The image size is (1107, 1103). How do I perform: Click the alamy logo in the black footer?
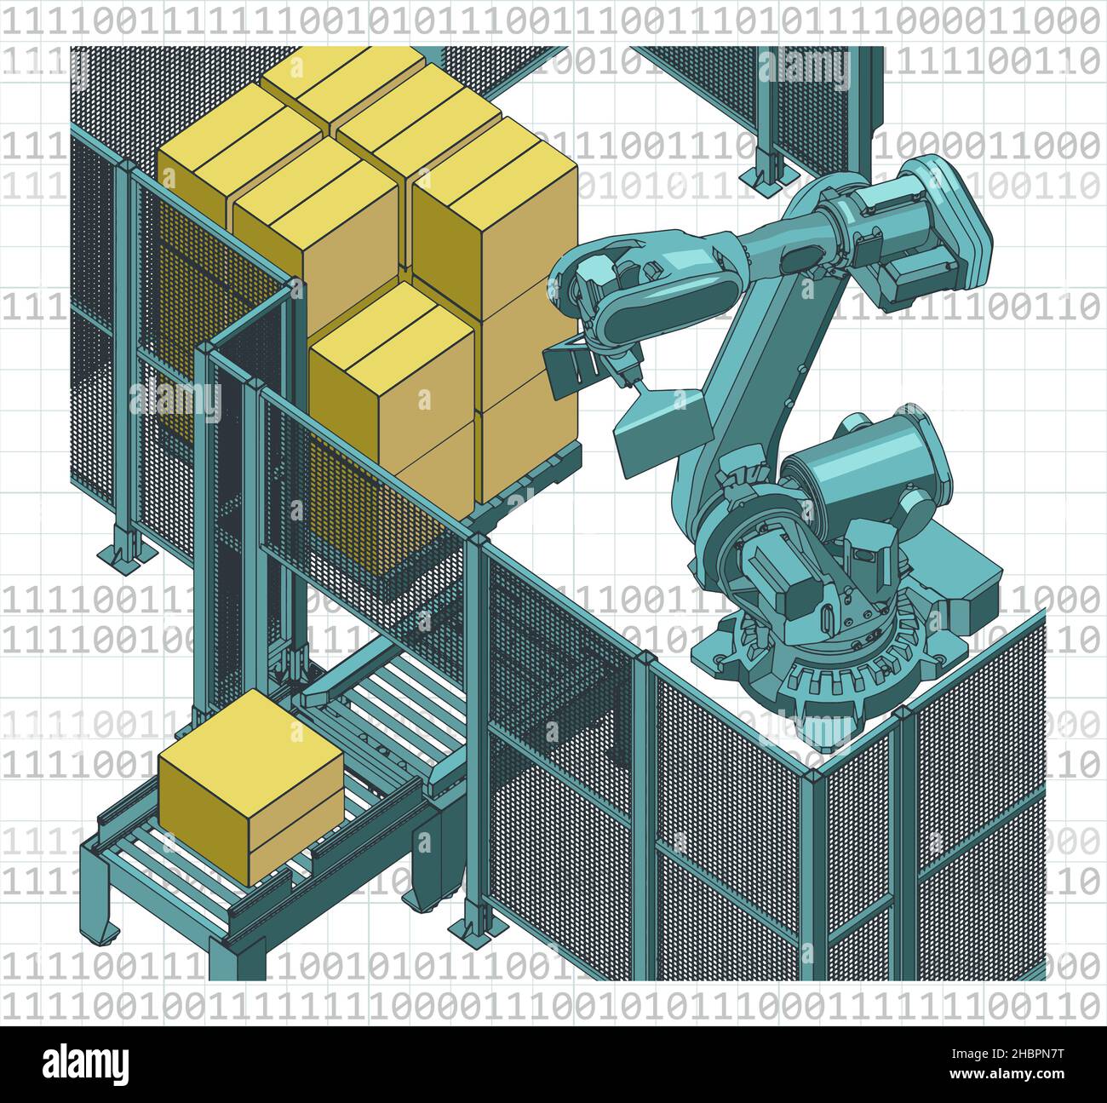[85, 1064]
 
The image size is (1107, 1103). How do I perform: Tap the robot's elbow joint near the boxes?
[596, 290]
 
